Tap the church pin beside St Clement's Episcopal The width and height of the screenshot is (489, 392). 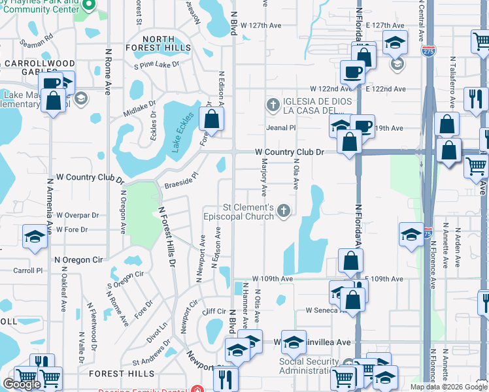(283, 210)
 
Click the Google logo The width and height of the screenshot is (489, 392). (22, 384)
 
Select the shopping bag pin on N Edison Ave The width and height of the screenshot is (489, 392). (211, 119)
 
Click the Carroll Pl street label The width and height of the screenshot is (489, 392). (27, 270)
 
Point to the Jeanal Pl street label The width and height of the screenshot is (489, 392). (281, 128)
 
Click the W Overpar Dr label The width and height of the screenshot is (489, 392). (77, 214)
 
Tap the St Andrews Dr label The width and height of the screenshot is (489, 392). (152, 359)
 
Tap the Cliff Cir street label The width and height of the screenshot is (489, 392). (214, 312)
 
